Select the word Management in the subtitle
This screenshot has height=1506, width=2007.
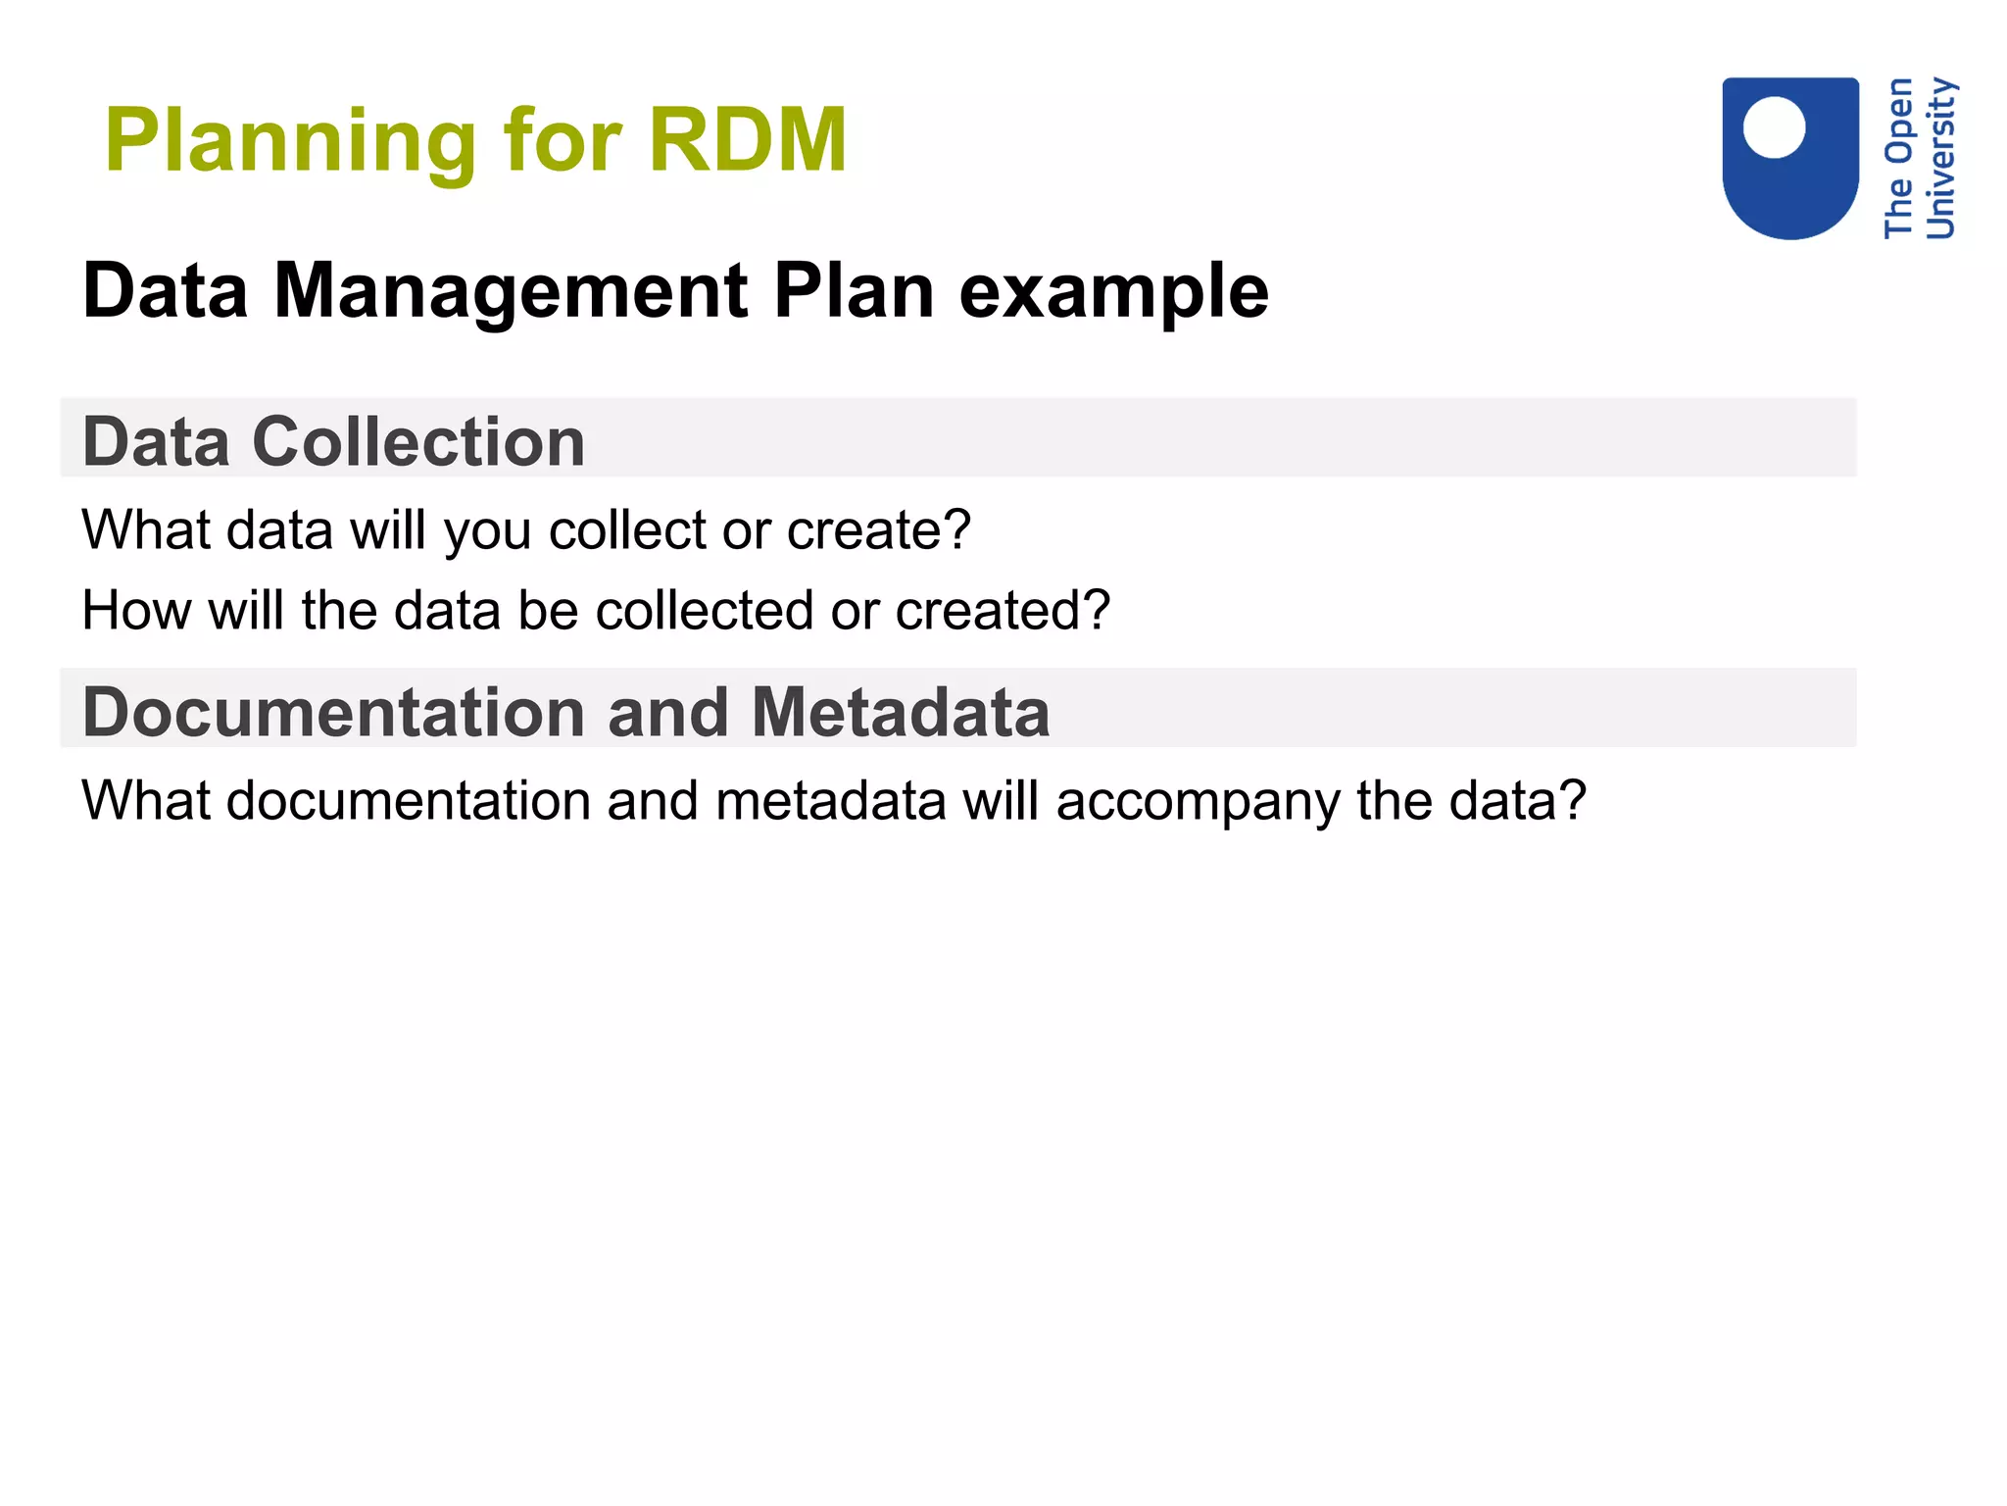(x=511, y=293)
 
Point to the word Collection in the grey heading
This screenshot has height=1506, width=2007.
(x=418, y=442)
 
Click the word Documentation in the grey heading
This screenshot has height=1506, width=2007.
(x=334, y=713)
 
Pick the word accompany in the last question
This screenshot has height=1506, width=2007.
(x=1197, y=802)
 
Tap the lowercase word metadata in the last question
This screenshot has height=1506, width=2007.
(x=830, y=801)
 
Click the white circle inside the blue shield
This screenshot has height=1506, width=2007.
(x=1774, y=127)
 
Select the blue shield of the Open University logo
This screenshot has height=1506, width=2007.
(x=1790, y=191)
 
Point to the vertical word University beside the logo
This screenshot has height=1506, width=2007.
(x=1940, y=158)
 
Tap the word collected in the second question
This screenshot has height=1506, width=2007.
(x=705, y=611)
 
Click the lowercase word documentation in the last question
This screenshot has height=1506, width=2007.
(x=408, y=801)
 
